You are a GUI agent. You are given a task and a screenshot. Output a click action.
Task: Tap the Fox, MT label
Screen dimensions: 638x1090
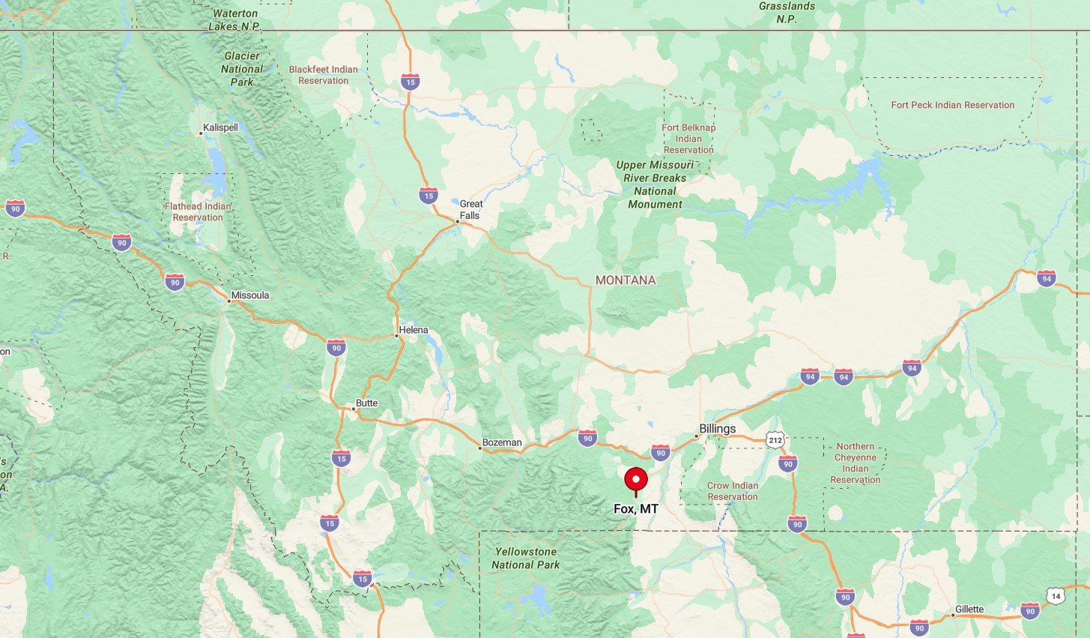[x=636, y=509]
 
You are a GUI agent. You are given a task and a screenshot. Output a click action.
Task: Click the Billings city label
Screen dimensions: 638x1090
[x=717, y=429]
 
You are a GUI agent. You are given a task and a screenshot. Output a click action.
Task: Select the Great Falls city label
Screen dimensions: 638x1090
[x=470, y=209]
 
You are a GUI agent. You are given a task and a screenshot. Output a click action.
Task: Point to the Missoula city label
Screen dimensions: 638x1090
[x=249, y=295]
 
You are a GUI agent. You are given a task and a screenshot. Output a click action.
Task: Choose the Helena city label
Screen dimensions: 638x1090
[x=413, y=330]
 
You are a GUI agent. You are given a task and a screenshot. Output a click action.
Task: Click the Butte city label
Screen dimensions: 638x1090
[x=366, y=403]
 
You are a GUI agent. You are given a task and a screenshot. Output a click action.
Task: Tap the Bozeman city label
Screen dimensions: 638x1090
[x=501, y=442]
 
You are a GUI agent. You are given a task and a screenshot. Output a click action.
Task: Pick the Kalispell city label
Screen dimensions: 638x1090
[x=220, y=127]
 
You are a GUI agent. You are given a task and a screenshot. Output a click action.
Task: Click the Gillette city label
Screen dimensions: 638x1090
[x=969, y=609]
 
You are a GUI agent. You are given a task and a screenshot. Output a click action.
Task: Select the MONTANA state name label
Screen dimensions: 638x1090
[x=626, y=280]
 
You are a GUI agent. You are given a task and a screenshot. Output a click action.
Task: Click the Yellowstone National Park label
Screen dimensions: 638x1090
[x=525, y=559]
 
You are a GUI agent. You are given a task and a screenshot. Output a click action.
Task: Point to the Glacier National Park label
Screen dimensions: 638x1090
[x=242, y=69]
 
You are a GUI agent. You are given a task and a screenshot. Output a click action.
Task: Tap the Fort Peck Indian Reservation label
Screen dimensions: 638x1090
[x=952, y=105]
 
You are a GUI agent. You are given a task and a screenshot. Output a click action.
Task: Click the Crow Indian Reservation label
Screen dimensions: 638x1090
[x=732, y=491]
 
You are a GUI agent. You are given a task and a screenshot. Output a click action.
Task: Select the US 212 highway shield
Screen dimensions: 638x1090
[x=775, y=440]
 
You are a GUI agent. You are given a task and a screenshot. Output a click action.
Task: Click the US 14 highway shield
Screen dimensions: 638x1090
[x=1056, y=597]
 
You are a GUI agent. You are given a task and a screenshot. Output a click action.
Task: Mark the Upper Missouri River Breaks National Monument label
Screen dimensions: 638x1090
[x=655, y=184]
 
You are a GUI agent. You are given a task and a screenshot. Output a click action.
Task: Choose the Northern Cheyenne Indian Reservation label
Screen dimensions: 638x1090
[x=855, y=463]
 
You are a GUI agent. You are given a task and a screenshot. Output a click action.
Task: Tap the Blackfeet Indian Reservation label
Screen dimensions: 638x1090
[x=323, y=75]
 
